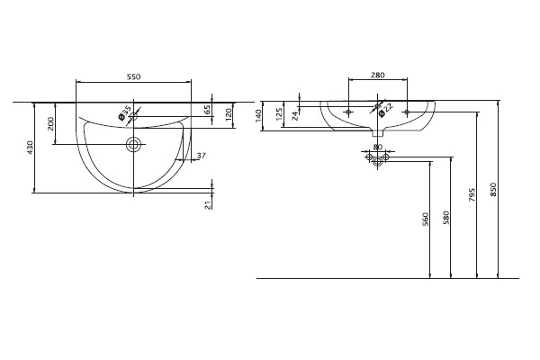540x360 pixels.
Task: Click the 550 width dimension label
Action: point(133,76)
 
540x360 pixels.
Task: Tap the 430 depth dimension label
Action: point(31,148)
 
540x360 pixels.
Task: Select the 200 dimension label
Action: point(50,123)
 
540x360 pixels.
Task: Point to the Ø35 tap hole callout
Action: point(125,113)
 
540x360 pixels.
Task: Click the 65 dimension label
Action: point(207,110)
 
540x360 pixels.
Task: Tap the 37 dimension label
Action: point(201,156)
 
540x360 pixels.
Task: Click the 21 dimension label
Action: point(208,205)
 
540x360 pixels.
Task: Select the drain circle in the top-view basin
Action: point(133,144)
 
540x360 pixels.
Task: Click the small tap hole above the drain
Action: point(133,117)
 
